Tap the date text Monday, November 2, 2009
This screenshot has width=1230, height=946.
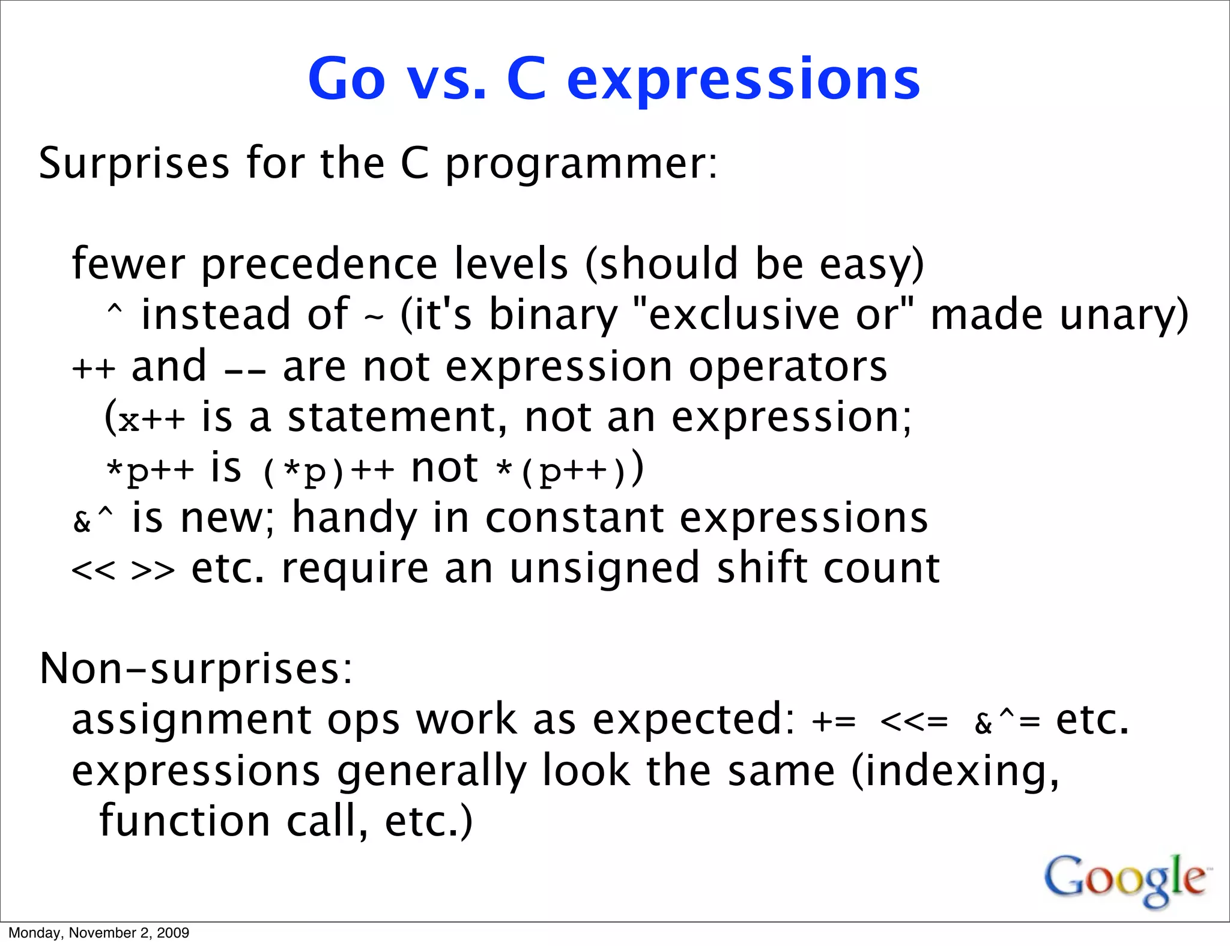[98, 933]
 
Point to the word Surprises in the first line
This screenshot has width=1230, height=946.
[134, 163]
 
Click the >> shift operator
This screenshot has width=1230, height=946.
[153, 570]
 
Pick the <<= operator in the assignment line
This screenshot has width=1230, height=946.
[914, 722]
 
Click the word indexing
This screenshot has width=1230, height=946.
[955, 772]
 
